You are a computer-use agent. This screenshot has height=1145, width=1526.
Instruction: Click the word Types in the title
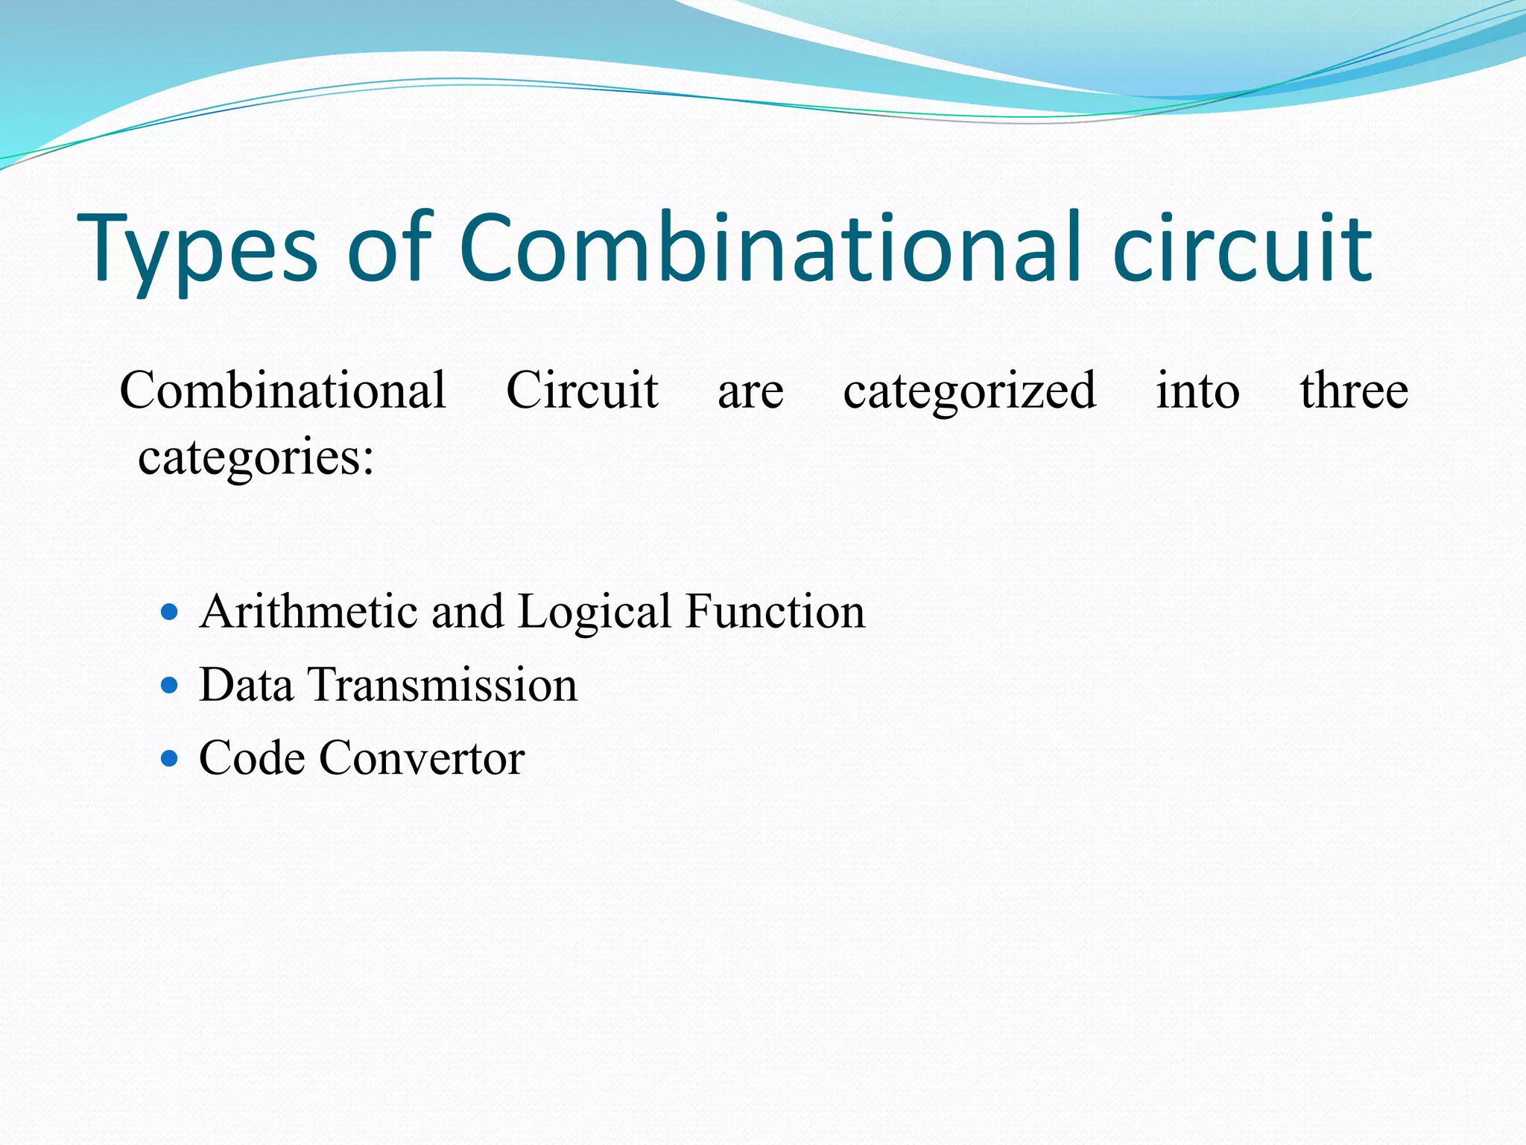[x=197, y=250]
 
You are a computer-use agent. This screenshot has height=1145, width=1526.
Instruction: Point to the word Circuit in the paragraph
[x=582, y=391]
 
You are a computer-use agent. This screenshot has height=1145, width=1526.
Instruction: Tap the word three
[x=1354, y=391]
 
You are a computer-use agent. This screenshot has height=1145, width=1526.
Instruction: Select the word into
[x=1197, y=391]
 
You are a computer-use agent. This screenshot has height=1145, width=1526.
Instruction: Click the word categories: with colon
[x=256, y=457]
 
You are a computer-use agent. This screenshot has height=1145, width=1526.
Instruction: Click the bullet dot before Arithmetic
[x=170, y=613]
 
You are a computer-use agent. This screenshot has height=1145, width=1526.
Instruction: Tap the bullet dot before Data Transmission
[x=170, y=685]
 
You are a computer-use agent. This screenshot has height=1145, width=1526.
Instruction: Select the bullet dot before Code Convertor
[x=170, y=759]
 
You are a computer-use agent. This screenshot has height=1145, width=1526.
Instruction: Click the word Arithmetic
[x=308, y=612]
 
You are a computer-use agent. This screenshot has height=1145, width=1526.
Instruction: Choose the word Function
[x=775, y=612]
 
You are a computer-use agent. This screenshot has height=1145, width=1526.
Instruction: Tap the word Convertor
[x=422, y=759]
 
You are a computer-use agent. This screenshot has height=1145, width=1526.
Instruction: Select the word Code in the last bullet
[x=252, y=759]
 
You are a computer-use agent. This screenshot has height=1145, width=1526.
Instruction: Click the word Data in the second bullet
[x=246, y=685]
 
